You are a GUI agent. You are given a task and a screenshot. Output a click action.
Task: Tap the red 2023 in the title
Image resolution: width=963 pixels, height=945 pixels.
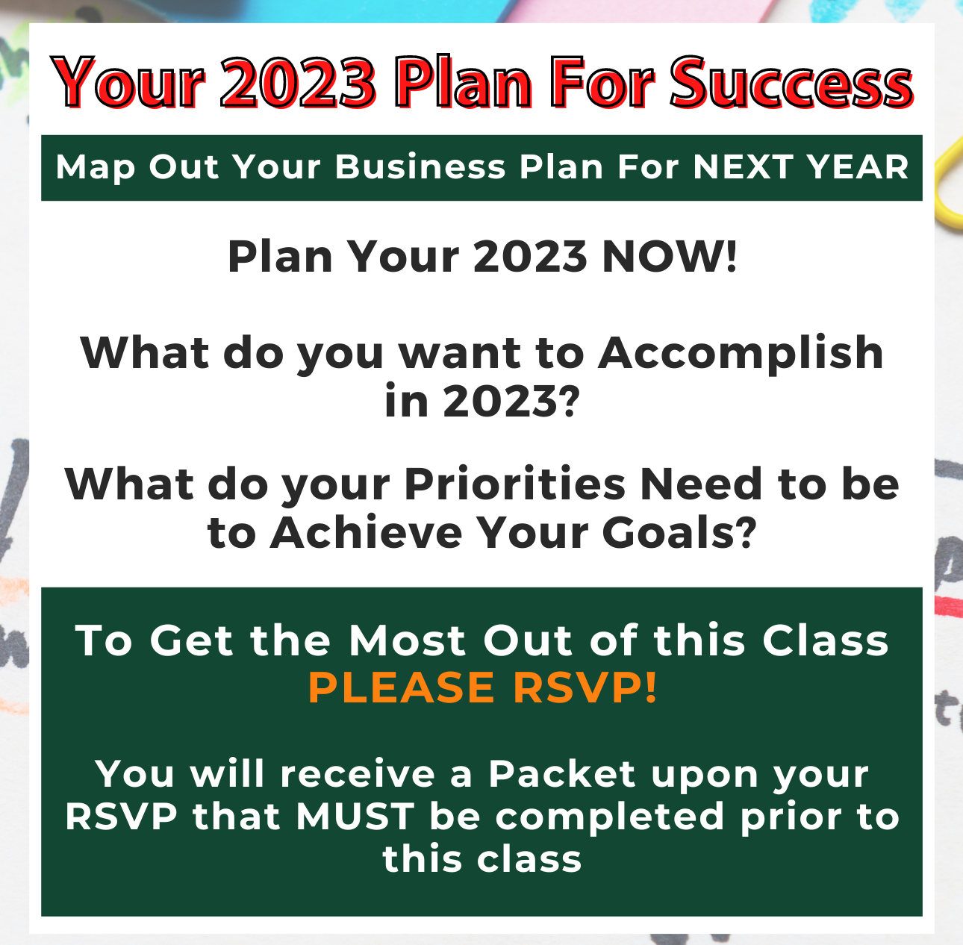pos(298,83)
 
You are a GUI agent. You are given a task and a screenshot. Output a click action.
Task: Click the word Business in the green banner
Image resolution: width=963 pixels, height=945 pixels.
pos(420,167)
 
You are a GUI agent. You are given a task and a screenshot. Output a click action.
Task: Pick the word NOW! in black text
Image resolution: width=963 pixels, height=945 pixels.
pos(670,257)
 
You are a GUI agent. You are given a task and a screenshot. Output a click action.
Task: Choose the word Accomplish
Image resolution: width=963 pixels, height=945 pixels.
pos(741,353)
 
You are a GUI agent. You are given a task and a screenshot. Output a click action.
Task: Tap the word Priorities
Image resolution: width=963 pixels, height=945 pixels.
pos(515,485)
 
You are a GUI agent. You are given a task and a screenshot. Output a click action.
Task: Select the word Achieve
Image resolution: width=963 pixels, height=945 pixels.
pos(367,534)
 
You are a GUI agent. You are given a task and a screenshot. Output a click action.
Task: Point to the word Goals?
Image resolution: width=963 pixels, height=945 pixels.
pos(679,534)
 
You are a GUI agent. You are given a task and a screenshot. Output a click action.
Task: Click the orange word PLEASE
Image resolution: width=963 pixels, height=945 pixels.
pos(402,687)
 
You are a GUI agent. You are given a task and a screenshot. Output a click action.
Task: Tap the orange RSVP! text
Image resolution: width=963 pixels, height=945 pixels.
pos(585,687)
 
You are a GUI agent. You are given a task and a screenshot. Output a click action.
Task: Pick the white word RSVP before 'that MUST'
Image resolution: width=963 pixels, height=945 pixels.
pos(122,817)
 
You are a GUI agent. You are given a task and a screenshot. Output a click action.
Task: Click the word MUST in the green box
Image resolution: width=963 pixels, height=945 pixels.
pos(355,817)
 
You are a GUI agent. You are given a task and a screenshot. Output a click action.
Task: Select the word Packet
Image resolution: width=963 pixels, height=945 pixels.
pos(562,774)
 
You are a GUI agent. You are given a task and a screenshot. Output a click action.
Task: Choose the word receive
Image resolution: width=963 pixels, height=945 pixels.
pos(358,774)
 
